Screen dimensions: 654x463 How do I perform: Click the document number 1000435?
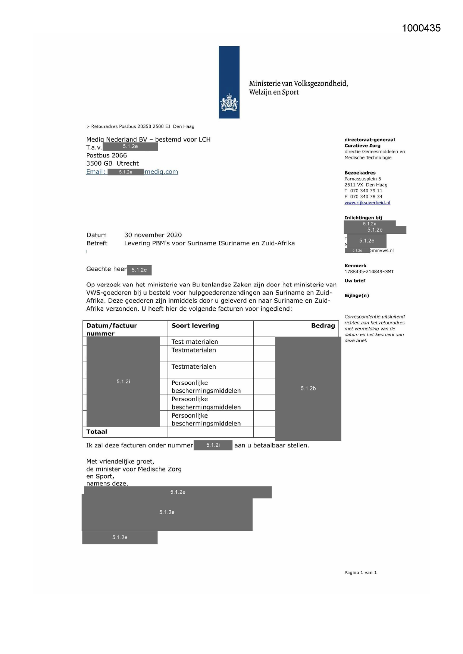coord(421,28)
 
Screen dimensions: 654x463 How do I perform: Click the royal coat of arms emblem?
coord(229,103)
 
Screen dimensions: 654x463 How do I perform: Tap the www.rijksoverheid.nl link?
coord(367,203)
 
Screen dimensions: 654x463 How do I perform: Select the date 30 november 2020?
coord(153,235)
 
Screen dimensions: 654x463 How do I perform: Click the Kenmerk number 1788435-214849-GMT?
coord(369,272)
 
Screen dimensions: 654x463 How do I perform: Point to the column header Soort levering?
coord(195,326)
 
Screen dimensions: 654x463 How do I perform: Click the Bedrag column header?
coord(323,326)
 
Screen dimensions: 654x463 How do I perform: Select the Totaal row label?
coord(97,432)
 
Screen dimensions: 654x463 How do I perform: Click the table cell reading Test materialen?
coord(194,342)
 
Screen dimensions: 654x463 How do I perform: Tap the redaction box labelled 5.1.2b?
coord(308,388)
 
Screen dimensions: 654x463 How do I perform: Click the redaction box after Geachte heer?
coord(139,270)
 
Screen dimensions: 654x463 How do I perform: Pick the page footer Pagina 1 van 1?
coord(360,573)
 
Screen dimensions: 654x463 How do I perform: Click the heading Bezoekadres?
coord(360,173)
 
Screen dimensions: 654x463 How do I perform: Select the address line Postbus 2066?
coord(106,155)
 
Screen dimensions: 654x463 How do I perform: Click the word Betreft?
coord(97,243)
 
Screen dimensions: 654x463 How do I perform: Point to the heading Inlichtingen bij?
coord(363,218)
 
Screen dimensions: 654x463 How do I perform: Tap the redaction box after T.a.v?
coord(130,147)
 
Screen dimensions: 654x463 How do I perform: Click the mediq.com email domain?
coord(161,172)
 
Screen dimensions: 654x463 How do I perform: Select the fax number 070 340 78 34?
coord(366,197)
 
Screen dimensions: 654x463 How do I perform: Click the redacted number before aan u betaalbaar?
coord(213,445)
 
